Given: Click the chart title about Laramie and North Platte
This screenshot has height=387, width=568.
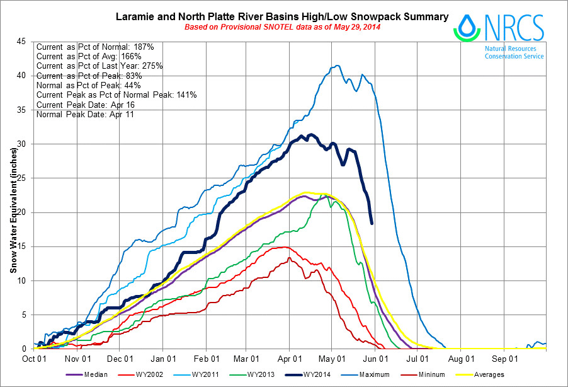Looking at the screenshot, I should pyautogui.click(x=283, y=16).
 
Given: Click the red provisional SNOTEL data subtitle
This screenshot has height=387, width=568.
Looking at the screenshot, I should pyautogui.click(x=282, y=27).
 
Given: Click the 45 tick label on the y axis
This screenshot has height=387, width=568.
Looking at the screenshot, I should pyautogui.click(x=23, y=42).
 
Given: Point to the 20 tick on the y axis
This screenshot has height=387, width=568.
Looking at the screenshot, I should pyautogui.click(x=23, y=212).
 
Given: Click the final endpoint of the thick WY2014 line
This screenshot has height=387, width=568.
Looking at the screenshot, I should pyautogui.click(x=372, y=223).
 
